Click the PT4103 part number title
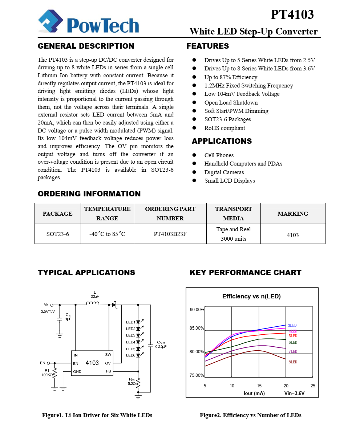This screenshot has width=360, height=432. pos(292,15)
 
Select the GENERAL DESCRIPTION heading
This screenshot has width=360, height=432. pos(86,46)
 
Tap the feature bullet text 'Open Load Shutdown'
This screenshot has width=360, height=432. pos(231,102)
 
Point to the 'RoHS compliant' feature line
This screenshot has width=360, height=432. pos(225,128)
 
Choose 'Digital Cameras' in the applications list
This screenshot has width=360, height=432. pos(224,172)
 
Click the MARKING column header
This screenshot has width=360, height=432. pos(293,213)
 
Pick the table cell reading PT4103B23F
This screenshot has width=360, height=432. pos(170,234)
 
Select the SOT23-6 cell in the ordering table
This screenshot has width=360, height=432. pos(57,234)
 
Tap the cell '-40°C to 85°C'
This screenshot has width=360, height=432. pos(107,234)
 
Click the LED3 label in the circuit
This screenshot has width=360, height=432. pos(131,335)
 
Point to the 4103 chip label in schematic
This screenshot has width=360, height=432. pos(92,363)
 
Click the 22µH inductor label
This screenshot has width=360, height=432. pos(95,297)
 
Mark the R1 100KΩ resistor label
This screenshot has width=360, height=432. pos(47,373)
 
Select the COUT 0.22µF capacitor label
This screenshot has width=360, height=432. pos(161,345)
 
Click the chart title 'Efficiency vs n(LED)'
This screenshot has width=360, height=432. pos(251,297)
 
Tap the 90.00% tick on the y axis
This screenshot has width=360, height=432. pos(197,310)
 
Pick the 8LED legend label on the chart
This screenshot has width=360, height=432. pos(293,362)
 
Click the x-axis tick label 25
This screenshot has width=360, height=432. pos(313,386)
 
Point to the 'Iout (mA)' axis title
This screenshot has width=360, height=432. pos(254,393)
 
